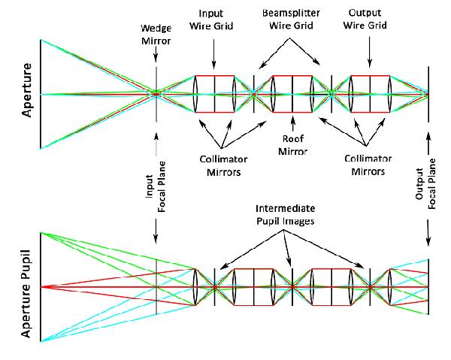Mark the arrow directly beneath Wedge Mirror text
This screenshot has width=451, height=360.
[x=156, y=57]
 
